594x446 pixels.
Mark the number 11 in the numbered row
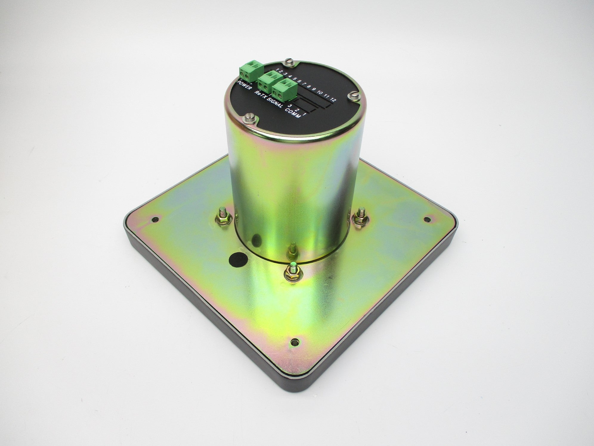pyautogui.click(x=327, y=96)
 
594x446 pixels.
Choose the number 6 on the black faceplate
pyautogui.click(x=300, y=81)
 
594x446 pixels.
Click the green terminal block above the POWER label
pyautogui.click(x=247, y=71)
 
